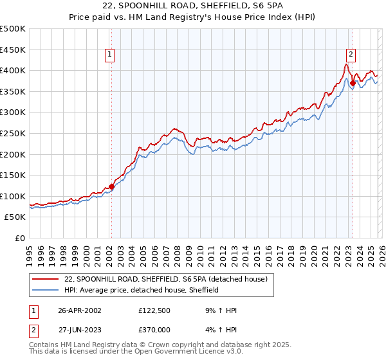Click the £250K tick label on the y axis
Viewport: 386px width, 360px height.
tap(13, 133)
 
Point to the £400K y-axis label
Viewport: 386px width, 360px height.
tap(13, 70)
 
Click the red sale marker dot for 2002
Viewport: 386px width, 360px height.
tap(111, 186)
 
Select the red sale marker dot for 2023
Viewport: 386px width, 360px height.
tap(353, 83)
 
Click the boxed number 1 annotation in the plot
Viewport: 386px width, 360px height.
tap(111, 55)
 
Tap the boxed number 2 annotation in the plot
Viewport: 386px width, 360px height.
tap(352, 55)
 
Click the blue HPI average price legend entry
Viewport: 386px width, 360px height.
tap(142, 290)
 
